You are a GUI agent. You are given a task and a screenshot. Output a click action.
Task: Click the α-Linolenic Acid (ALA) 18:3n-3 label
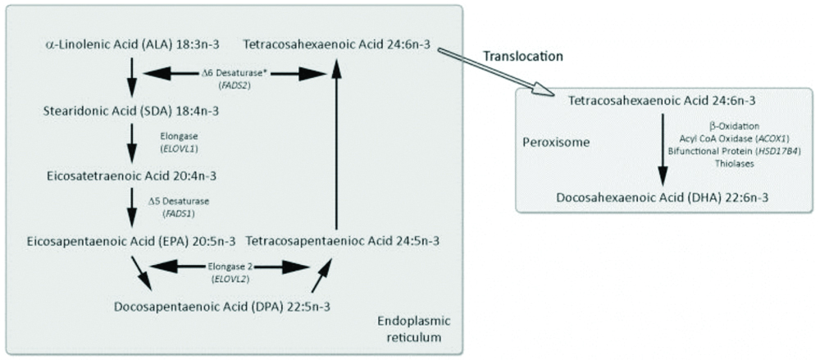(131, 42)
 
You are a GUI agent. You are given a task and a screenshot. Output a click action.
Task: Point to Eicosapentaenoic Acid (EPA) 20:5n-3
(131, 241)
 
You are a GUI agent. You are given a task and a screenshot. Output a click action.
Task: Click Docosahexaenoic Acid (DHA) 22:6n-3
(661, 198)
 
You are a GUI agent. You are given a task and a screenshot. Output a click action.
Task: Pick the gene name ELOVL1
(180, 149)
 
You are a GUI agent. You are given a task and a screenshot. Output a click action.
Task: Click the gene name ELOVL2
(232, 279)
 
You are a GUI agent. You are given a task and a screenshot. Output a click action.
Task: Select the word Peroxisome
(555, 141)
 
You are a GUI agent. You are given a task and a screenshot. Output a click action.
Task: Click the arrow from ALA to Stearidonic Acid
(131, 75)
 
